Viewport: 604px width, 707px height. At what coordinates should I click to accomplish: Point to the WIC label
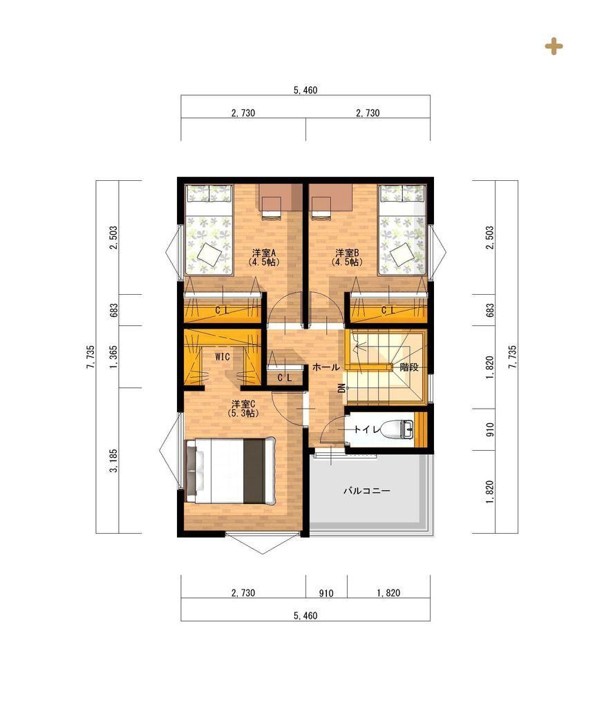(223, 357)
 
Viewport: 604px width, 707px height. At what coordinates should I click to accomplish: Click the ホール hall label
(326, 367)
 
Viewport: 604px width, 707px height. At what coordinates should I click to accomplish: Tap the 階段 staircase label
(409, 367)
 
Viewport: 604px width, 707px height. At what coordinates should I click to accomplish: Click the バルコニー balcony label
(366, 491)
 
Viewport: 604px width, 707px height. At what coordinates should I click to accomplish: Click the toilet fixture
(399, 429)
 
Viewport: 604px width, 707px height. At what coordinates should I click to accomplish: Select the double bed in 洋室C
(230, 470)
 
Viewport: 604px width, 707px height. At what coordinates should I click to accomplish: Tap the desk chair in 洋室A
(272, 207)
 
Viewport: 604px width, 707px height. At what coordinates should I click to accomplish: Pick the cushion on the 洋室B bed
(401, 255)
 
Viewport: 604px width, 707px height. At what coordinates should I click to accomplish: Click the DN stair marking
(341, 388)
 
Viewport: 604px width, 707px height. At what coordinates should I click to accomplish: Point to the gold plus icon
(554, 46)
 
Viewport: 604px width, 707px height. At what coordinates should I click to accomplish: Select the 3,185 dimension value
(113, 461)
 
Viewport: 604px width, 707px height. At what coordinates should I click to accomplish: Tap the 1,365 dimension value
(113, 357)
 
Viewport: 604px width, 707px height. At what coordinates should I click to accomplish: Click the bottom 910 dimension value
(326, 593)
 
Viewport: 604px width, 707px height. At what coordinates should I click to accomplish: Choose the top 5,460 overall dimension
(305, 90)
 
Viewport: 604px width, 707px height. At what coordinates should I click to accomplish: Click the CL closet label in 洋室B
(388, 310)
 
